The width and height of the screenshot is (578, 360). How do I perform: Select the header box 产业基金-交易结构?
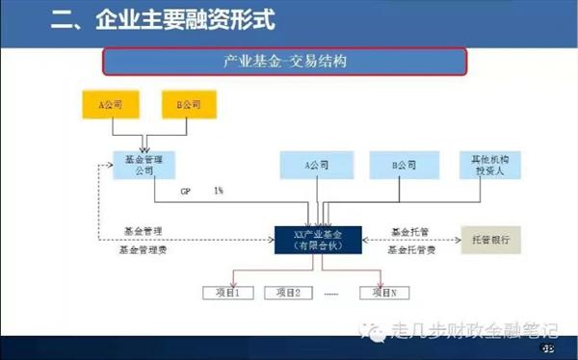[284, 63]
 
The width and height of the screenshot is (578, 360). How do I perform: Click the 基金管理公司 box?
[144, 165]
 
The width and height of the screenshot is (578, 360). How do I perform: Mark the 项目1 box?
[223, 292]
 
